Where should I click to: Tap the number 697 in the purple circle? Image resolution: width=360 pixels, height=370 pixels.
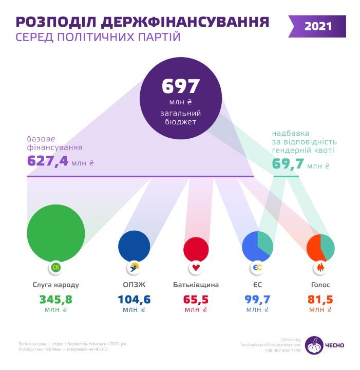[181, 86]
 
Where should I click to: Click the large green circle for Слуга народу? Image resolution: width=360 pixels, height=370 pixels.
[56, 232]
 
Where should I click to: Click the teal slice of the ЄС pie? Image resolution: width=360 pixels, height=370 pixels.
[266, 242]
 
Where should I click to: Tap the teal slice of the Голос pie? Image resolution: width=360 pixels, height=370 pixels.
[328, 247]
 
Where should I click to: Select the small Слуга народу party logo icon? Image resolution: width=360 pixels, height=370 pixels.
[56, 268]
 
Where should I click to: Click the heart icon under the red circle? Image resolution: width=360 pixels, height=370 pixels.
[196, 268]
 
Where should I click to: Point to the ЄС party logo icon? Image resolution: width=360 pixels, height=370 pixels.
[257, 268]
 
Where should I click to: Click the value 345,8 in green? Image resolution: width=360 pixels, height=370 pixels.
[56, 299]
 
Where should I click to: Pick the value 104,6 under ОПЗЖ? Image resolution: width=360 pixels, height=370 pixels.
[135, 299]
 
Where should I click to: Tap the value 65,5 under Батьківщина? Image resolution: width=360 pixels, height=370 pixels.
[196, 299]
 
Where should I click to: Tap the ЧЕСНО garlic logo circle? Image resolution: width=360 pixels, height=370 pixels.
[314, 345]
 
